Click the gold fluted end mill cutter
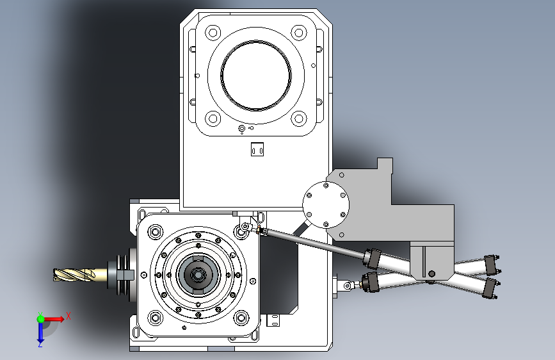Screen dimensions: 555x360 coord(74,275)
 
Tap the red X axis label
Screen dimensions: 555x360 coord(68,316)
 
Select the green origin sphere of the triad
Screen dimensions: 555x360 coord(41,319)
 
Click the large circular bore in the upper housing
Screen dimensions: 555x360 coord(256,76)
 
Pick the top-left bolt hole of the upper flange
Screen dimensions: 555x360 coord(213,33)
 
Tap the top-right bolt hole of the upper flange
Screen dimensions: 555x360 coord(299,33)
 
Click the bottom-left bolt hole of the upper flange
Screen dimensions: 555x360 coord(213,119)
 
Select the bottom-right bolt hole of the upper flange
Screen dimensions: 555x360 coord(299,119)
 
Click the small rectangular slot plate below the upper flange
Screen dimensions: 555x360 coord(257,149)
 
